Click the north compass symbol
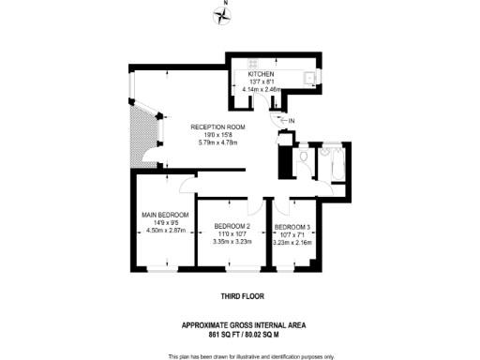coord(222,13)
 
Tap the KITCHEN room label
coord(262,74)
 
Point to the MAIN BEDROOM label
coord(164,215)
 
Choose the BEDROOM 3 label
coord(292,227)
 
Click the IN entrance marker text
coord(291,121)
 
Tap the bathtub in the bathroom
coord(331,161)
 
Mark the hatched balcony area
coord(142,131)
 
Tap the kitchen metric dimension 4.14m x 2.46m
coord(262,89)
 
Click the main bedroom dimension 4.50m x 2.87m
coord(164,230)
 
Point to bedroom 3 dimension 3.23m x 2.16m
coord(292,242)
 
